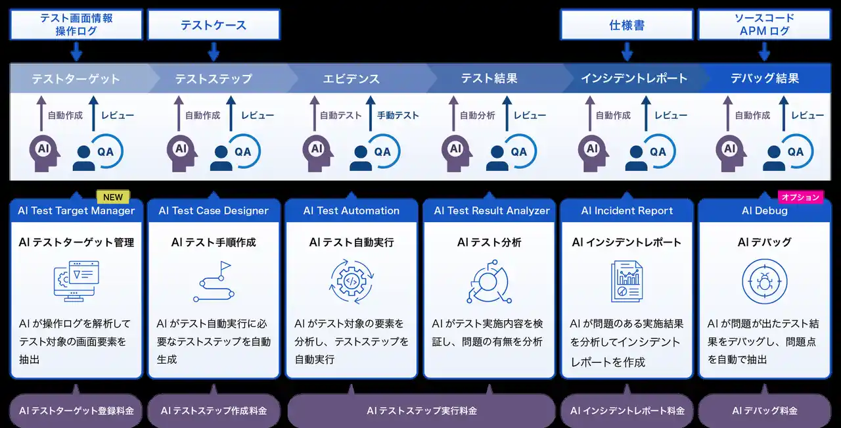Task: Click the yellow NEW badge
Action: [113, 197]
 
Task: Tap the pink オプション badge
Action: [800, 197]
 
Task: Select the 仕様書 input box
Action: [626, 25]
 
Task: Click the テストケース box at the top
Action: [214, 25]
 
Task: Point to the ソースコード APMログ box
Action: [764, 24]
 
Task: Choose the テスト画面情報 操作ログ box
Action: [76, 24]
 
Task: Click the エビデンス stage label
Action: [351, 79]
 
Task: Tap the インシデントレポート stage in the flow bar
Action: [633, 79]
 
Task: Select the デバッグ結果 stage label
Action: [764, 79]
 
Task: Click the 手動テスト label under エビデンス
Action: [398, 116]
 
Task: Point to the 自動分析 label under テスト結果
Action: [477, 116]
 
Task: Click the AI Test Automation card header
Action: [351, 211]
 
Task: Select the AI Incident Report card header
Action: [627, 211]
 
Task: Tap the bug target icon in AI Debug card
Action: [764, 281]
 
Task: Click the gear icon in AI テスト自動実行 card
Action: [351, 281]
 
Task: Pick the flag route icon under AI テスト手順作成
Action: [214, 281]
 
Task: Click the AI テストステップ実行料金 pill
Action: [421, 411]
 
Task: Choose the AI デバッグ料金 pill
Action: [764, 411]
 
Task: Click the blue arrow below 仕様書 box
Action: [627, 51]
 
